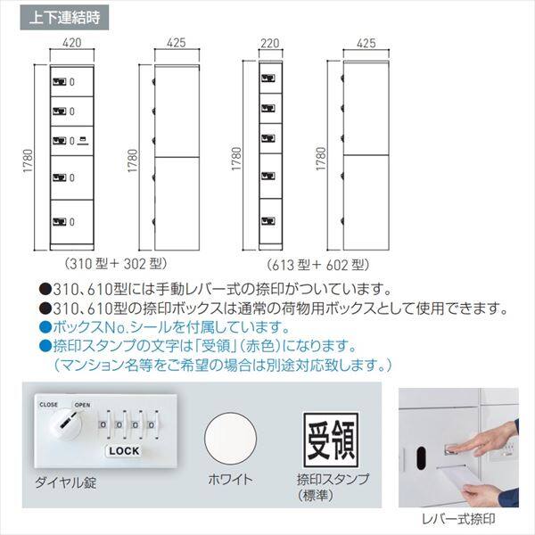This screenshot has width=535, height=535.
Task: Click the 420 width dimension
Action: [x=73, y=42]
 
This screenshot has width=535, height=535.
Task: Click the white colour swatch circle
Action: [x=233, y=439]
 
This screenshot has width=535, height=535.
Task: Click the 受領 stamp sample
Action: [x=327, y=439]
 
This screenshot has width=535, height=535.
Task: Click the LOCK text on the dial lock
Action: [x=124, y=450]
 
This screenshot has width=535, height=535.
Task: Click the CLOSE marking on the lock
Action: [x=47, y=404]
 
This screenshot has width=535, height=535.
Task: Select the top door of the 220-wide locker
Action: [x=269, y=79]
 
